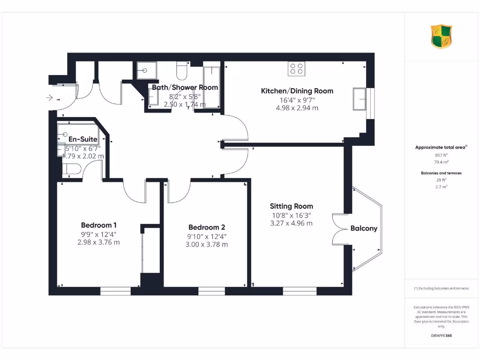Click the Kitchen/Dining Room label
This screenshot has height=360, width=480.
click(297, 91)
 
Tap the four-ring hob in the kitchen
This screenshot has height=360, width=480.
click(296, 69)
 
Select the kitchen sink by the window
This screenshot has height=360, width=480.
click(360, 99)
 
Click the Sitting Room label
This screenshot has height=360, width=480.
click(291, 206)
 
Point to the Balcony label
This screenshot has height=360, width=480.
click(364, 229)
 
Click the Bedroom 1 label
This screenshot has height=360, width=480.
click(98, 225)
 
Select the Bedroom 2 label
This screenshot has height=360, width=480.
click(207, 227)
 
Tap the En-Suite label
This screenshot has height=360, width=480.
click(83, 139)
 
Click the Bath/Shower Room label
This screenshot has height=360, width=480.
click(185, 88)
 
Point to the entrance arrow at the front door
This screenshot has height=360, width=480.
click(50, 98)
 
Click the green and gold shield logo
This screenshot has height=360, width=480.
click(442, 37)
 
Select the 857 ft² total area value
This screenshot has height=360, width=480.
click(441, 155)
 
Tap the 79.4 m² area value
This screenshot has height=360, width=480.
click(441, 161)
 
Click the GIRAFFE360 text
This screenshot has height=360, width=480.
click(441, 336)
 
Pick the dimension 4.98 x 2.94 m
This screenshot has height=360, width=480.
click(297, 108)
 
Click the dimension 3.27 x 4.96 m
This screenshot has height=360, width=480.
click(291, 223)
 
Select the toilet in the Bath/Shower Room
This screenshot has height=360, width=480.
click(182, 71)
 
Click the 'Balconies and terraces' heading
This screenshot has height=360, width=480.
click(441, 173)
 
